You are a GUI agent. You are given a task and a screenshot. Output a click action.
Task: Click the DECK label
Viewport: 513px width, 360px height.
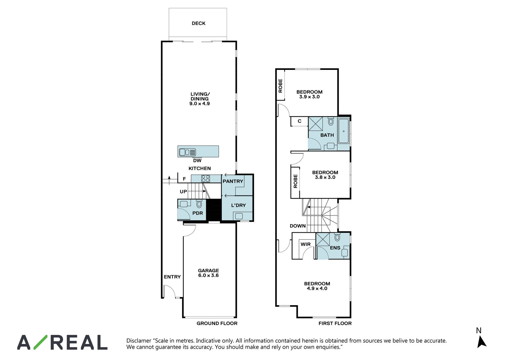(198, 23)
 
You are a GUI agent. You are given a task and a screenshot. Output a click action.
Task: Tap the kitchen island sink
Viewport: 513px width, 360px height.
(188, 152)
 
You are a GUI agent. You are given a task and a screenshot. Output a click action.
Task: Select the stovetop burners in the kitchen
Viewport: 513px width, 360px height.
(206, 178)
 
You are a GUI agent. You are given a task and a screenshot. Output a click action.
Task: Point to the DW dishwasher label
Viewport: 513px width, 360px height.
(197, 161)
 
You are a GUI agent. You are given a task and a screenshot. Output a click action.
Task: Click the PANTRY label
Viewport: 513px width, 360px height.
(233, 181)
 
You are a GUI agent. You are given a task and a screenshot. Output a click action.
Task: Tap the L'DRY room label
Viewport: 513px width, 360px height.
(239, 205)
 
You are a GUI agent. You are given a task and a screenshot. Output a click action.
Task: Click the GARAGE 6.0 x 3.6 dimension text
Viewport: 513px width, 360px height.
(208, 275)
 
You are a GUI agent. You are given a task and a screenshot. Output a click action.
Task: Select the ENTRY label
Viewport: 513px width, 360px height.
(172, 277)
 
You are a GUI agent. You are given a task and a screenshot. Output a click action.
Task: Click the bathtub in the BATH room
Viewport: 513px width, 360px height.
(343, 131)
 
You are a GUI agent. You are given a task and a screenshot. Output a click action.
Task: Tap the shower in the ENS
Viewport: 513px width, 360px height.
(323, 239)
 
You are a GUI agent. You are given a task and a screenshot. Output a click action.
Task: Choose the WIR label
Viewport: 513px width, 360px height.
(306, 244)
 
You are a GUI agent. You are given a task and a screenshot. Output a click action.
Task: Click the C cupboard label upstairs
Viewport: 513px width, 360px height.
(299, 121)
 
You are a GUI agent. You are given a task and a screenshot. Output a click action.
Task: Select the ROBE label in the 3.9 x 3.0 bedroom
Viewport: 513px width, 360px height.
(280, 86)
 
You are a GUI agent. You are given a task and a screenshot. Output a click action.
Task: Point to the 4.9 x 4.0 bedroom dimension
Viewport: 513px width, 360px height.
(317, 289)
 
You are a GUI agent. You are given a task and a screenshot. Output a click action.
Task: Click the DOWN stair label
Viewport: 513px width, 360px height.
(298, 226)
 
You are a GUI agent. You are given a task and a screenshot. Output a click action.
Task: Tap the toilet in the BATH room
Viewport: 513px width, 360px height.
(331, 121)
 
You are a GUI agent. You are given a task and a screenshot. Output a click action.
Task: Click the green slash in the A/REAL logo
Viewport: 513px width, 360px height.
(40, 342)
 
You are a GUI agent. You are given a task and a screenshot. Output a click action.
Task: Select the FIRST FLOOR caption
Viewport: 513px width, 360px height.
(335, 323)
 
